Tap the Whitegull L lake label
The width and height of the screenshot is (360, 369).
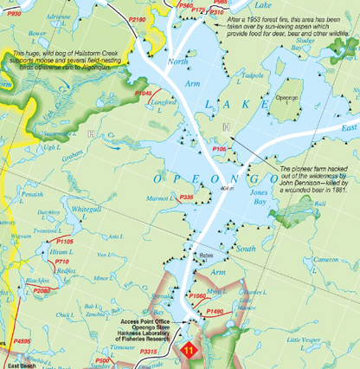89,209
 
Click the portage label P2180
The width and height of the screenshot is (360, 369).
138,18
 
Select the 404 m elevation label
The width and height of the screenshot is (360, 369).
228,187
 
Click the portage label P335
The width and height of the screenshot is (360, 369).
184,197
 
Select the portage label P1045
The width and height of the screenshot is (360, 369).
144,93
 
